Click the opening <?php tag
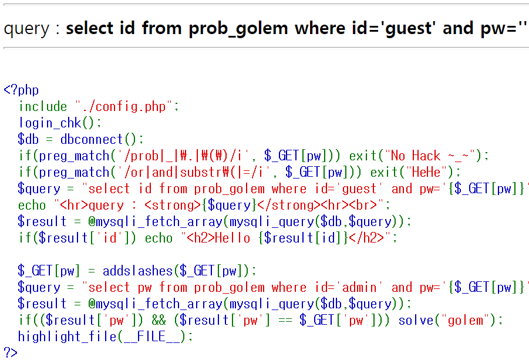pyautogui.click(x=21, y=90)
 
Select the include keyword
pyautogui.click(x=43, y=106)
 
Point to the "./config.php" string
pyautogui.click(x=124, y=106)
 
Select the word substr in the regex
pyautogui.click(x=200, y=172)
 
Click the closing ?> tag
pyautogui.click(x=11, y=352)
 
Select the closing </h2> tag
pyautogui.click(x=367, y=238)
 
